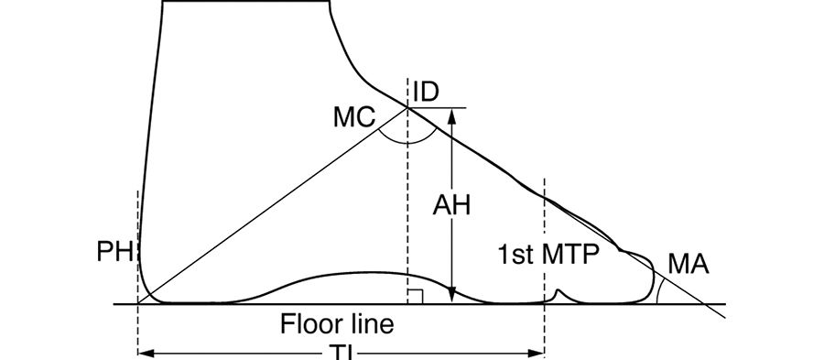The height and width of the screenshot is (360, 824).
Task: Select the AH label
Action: [451, 205]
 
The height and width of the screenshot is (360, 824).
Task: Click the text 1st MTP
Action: [548, 254]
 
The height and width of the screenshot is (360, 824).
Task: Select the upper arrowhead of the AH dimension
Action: [452, 114]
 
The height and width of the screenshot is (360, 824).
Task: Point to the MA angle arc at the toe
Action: [659, 289]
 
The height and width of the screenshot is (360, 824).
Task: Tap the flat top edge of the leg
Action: [245, 4]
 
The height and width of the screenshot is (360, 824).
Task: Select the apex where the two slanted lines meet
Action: [407, 107]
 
